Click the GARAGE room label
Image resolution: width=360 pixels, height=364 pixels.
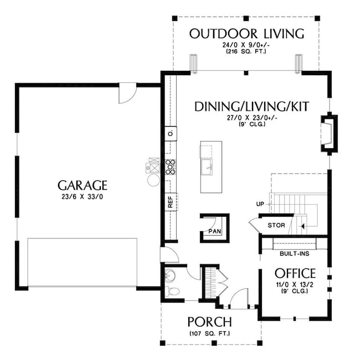pos(83,185)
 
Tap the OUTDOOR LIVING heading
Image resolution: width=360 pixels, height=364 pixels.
pos(246,34)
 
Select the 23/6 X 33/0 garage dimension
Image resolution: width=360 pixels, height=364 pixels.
pos(83,197)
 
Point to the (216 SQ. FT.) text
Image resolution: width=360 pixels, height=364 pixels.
pos(246,51)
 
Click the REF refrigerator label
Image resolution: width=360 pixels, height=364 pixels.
pos(171,202)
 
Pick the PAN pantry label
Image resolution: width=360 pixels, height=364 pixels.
pos(215,231)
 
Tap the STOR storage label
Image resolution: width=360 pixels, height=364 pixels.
pos(276,225)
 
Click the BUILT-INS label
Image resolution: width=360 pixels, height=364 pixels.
pos(295,253)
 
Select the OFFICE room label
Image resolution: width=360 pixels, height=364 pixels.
pos(295,273)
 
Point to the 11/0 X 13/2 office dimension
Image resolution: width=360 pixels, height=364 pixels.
pos(295,284)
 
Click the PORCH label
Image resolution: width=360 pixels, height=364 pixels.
pos(210,322)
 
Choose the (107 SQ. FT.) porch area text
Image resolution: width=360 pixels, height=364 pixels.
pos(210,334)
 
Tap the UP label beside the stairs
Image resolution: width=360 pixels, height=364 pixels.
pos(260,204)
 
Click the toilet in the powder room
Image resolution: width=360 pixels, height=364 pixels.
pos(172,291)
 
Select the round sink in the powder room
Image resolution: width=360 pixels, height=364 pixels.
pos(171,275)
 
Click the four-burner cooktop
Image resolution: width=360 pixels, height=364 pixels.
pos(171,167)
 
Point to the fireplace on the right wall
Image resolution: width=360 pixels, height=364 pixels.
pos(329,133)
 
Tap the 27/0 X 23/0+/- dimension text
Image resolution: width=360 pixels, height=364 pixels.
pos(252,118)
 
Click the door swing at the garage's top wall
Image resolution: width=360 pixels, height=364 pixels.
pos(127,93)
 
